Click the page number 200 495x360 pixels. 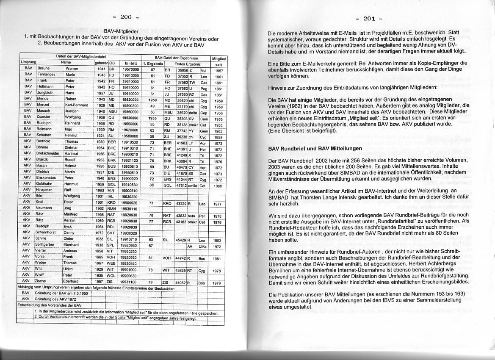click(x=126, y=17)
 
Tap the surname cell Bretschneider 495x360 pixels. click(x=50, y=155)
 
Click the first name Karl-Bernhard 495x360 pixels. click(x=76, y=105)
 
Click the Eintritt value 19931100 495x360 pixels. click(x=129, y=281)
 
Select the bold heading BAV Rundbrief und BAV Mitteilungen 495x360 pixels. click(x=315, y=149)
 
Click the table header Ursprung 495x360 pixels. click(x=28, y=63)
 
